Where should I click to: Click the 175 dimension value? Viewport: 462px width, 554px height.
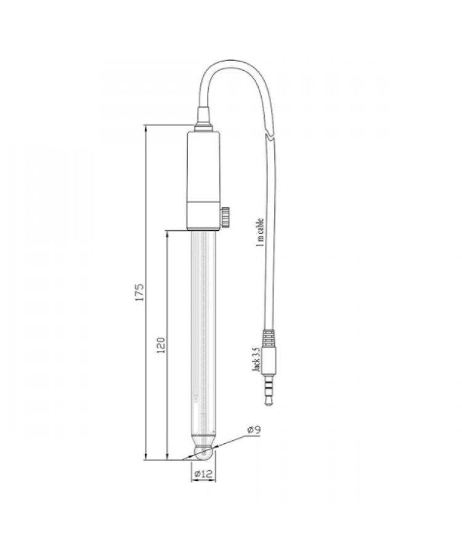tap(140, 292)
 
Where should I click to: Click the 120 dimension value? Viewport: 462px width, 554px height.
tap(161, 345)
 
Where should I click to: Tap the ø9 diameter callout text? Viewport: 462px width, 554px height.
tap(254, 430)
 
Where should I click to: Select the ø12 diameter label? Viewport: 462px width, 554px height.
tap(204, 474)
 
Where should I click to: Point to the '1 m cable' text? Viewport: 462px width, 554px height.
tap(260, 232)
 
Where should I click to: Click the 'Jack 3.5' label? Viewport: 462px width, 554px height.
tap(256, 359)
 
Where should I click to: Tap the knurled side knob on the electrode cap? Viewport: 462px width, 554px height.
tap(226, 217)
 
